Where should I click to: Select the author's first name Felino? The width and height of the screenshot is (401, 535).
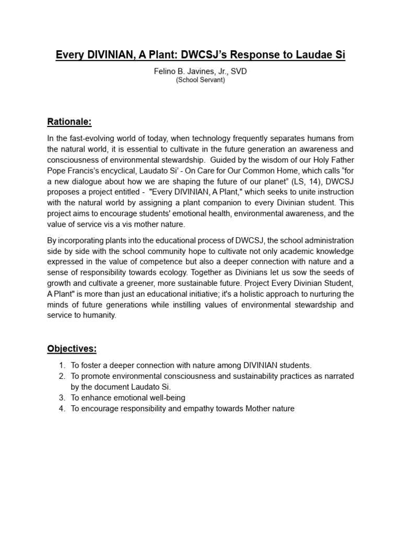coord(166,72)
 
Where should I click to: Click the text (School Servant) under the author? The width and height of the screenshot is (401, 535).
coord(200,80)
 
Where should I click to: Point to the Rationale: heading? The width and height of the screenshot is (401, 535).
coord(69,122)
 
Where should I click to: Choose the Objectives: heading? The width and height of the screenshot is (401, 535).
coord(72,348)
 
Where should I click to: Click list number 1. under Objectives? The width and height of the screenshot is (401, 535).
coord(62,365)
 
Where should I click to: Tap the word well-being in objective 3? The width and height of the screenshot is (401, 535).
coord(166,398)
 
